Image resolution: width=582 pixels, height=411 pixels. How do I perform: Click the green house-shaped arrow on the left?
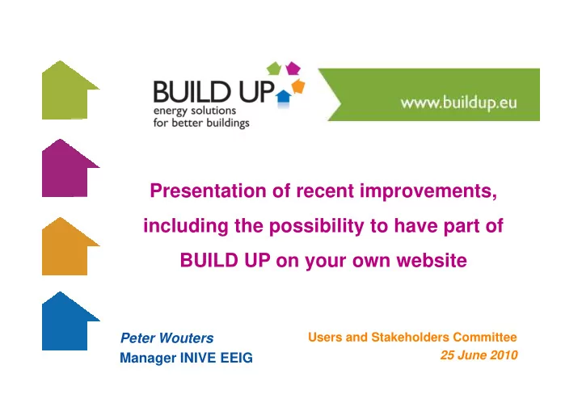click(x=67, y=90)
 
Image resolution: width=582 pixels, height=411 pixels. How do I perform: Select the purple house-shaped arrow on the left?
click(x=67, y=169)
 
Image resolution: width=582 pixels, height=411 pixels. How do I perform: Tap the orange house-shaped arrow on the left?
click(x=67, y=247)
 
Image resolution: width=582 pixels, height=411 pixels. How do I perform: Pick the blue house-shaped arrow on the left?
click(x=67, y=322)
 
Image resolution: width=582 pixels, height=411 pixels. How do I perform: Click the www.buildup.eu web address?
click(x=459, y=103)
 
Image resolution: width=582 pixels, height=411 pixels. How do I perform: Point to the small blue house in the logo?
click(x=284, y=98)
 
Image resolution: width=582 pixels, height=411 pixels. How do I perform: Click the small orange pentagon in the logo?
click(x=298, y=86)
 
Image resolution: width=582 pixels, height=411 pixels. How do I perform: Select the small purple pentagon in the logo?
click(x=293, y=69)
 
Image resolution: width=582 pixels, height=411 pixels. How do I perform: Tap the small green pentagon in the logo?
click(x=274, y=69)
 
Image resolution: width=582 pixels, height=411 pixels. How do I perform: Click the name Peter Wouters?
click(x=167, y=338)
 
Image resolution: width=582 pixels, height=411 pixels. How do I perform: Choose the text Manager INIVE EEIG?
click(x=187, y=358)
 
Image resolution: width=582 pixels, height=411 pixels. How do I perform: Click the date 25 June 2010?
click(x=479, y=355)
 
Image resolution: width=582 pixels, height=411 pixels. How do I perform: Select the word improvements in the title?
click(x=428, y=191)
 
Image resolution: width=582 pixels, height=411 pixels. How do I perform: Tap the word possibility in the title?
click(x=317, y=226)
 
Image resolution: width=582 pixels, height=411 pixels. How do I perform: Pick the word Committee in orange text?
click(x=485, y=337)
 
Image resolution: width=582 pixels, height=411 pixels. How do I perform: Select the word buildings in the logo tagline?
click(x=228, y=124)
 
